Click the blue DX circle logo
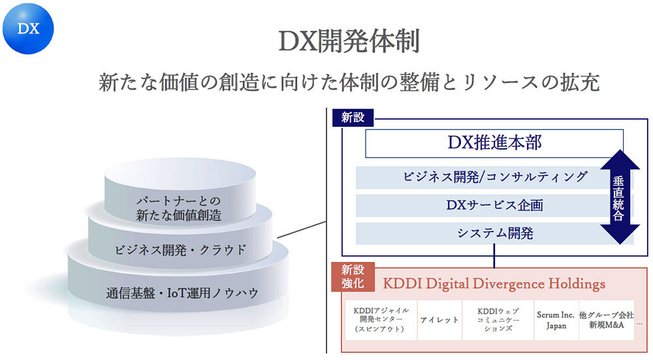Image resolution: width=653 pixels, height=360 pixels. (28, 29)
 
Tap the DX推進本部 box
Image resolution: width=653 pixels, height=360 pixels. (494, 143)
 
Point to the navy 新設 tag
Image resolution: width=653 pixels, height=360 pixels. (353, 118)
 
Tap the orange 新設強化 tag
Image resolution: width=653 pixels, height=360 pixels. (353, 276)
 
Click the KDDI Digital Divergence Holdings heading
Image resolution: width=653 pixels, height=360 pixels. (494, 284)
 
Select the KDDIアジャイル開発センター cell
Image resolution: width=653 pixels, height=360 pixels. (381, 320)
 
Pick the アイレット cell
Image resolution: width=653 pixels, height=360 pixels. (439, 320)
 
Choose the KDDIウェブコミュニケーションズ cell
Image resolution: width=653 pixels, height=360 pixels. (498, 320)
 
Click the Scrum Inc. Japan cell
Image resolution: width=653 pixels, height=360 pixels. (556, 320)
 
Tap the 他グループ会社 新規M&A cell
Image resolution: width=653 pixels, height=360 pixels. (606, 319)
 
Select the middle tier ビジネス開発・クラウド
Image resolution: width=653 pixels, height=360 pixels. (180, 249)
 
